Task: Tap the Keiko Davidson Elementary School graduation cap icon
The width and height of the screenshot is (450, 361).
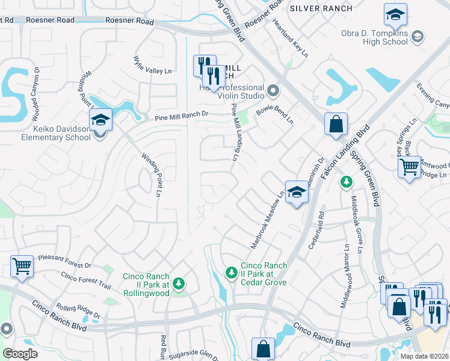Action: (x=100, y=121)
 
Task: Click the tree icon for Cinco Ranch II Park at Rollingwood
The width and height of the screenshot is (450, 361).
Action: (x=178, y=283)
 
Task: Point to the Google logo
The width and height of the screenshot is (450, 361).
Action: (x=20, y=353)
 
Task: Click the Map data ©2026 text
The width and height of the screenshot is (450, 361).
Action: (x=424, y=356)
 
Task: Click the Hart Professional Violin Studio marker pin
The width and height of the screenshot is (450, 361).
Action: (x=274, y=91)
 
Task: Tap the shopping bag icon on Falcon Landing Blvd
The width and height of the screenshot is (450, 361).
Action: (x=336, y=124)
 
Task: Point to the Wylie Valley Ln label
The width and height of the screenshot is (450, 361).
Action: (x=152, y=66)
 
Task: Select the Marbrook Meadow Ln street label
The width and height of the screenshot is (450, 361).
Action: (x=267, y=220)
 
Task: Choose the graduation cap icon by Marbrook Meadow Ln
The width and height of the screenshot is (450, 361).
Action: (x=296, y=193)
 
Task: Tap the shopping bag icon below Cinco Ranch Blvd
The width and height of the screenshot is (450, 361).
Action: (x=263, y=348)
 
